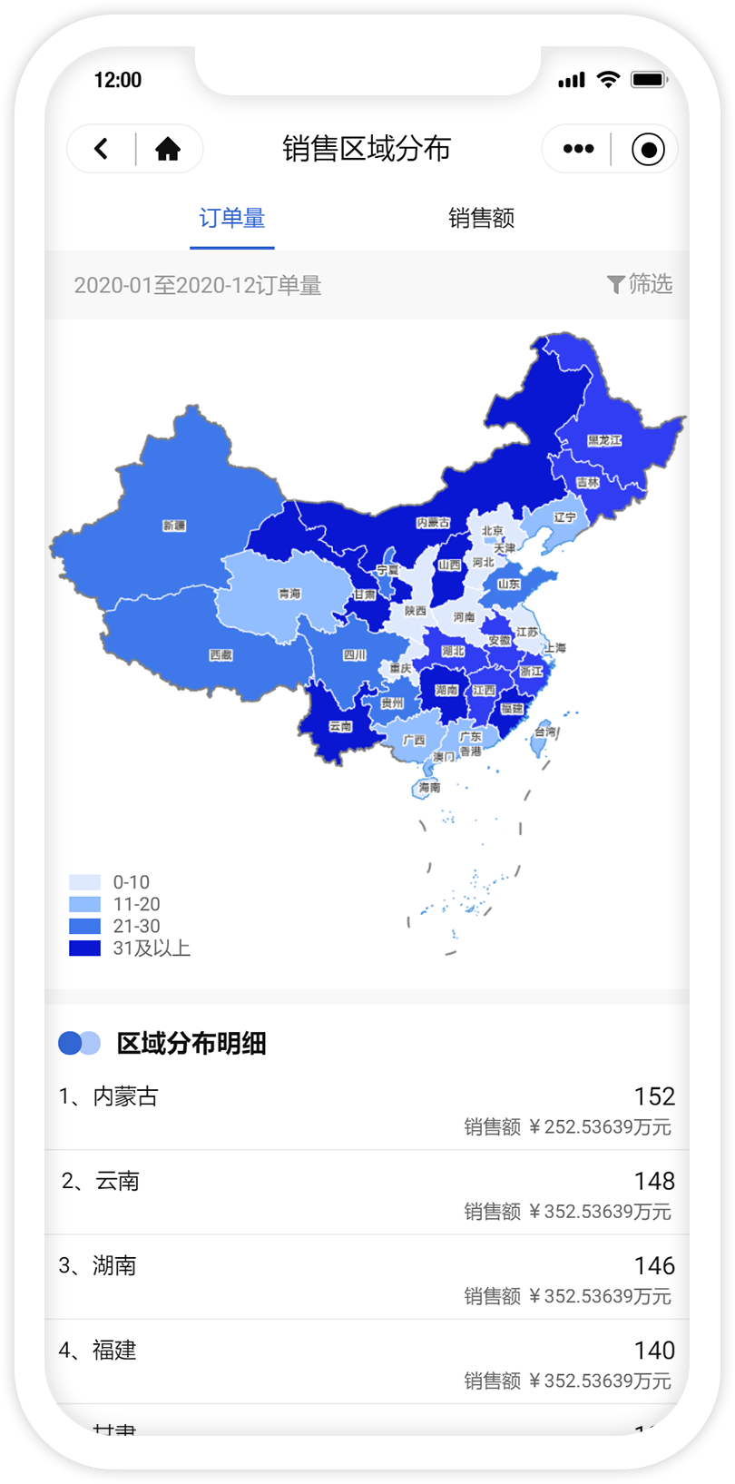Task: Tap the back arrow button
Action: point(102,149)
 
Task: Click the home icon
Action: point(168,149)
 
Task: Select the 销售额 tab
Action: point(481,219)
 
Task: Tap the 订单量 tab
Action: point(232,219)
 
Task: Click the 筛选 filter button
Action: point(640,284)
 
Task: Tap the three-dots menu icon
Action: point(578,149)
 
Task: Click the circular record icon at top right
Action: point(648,149)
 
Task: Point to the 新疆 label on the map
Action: point(174,526)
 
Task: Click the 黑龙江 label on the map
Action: point(604,440)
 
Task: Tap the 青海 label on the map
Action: point(289,594)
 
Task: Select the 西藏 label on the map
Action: point(221,654)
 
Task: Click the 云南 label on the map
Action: point(340,726)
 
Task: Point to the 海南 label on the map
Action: point(429,787)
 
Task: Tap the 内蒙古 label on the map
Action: point(433,522)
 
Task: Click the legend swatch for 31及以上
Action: point(84,948)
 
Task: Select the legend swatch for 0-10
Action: point(84,882)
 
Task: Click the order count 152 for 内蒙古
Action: point(654,1096)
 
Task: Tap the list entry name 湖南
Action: point(114,1265)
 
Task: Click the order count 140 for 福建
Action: point(654,1350)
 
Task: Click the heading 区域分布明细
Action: point(191,1044)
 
